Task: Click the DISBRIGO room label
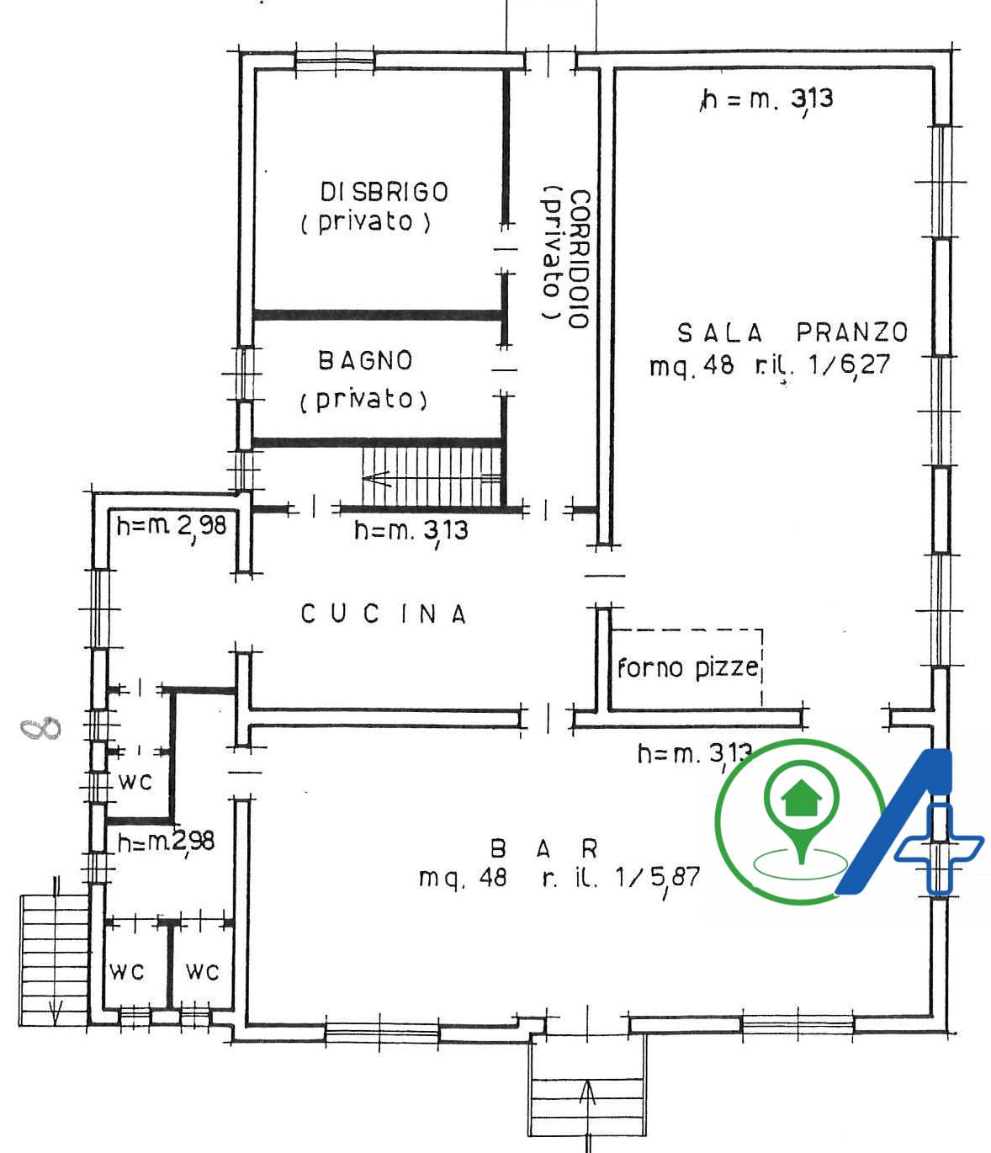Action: [x=384, y=193]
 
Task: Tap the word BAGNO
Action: [x=365, y=361]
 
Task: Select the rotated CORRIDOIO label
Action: [x=580, y=259]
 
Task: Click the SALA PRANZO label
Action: [x=792, y=332]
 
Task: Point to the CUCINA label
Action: [x=384, y=614]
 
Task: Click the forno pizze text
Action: [x=688, y=667]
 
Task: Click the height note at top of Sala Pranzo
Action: [x=767, y=99]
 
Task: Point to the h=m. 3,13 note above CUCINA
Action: [x=411, y=530]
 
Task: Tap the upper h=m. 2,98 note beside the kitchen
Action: [x=172, y=526]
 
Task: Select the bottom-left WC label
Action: [x=127, y=972]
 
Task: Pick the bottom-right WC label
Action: [x=202, y=972]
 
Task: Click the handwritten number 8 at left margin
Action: [x=40, y=727]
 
